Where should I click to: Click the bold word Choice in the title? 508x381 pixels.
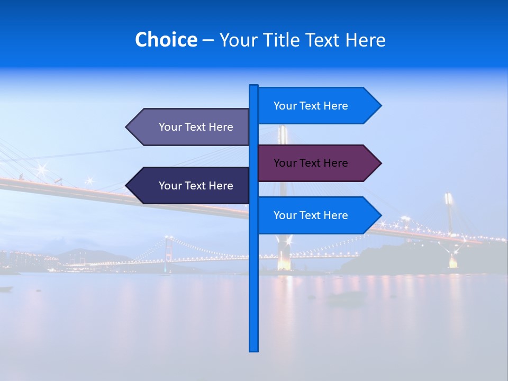click(x=166, y=40)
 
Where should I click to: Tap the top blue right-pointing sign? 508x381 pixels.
click(x=317, y=106)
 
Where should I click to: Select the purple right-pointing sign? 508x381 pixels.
click(x=317, y=163)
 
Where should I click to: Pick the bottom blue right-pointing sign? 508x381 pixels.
click(x=317, y=215)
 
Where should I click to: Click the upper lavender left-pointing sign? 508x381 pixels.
click(x=190, y=127)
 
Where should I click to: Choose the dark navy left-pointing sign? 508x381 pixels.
click(x=190, y=186)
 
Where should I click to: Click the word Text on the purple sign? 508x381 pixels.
click(x=311, y=163)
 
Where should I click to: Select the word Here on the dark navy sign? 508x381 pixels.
click(x=221, y=186)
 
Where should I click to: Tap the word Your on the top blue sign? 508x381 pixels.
click(x=285, y=106)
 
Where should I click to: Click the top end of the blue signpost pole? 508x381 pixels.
click(x=253, y=86)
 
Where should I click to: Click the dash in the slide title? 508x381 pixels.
click(x=208, y=40)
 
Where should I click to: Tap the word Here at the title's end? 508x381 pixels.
click(x=365, y=40)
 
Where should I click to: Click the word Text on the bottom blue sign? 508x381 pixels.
click(x=311, y=215)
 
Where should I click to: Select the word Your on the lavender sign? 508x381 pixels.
click(x=170, y=127)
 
